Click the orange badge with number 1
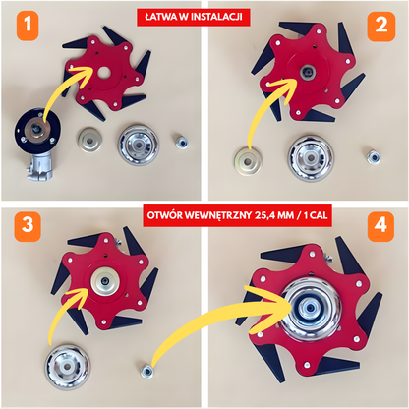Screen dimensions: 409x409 (28, 26)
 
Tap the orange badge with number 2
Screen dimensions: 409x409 (381, 27)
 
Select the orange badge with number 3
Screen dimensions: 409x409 (28, 226)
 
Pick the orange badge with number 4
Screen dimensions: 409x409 (380, 226)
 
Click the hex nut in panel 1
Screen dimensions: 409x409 (181, 143)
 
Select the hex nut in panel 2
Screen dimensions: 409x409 (373, 157)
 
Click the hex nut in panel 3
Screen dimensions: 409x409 (146, 371)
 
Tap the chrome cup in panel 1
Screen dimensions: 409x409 (139, 144)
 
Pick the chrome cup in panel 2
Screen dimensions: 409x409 (311, 158)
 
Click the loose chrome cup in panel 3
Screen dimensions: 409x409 (67, 367)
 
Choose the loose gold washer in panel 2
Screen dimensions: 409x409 (248, 161)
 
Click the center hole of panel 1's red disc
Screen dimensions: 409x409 (104, 72)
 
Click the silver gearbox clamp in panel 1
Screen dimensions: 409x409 (39, 166)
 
